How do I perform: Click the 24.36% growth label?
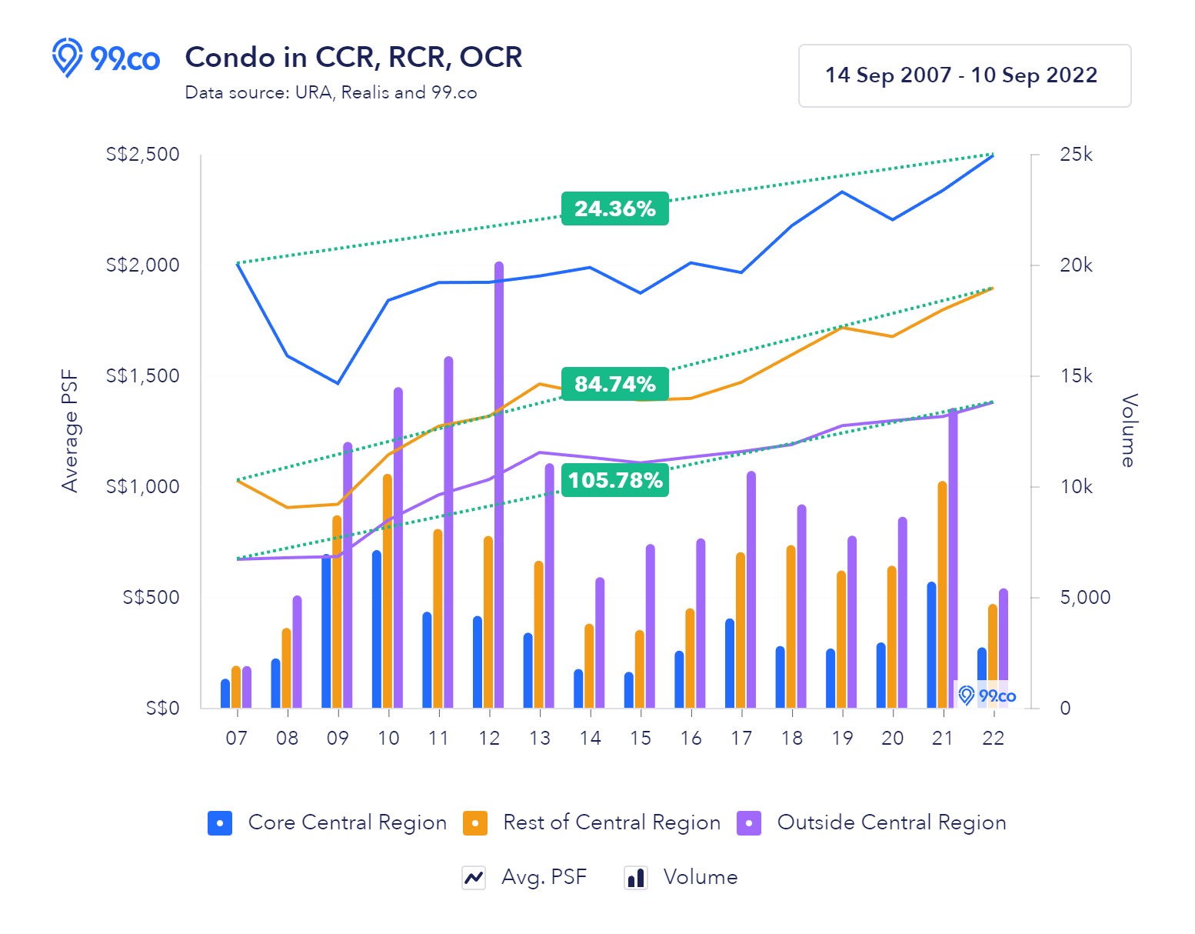pos(614,208)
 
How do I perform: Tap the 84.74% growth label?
pos(614,384)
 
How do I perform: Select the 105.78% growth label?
pos(614,480)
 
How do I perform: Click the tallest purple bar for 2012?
pos(499,485)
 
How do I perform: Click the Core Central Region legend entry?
pos(328,822)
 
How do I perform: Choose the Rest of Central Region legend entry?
pos(592,822)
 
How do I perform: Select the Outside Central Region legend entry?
pos(871,822)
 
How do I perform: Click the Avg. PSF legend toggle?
pos(524,877)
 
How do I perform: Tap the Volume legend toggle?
pos(681,877)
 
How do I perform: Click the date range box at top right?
pos(964,75)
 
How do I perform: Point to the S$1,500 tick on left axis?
pos(142,375)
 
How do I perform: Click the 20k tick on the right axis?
pos(1076,265)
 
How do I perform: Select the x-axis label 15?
pos(640,738)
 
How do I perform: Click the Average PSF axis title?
pos(70,431)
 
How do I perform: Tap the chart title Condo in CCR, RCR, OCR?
pos(354,58)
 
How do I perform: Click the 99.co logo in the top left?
pos(105,58)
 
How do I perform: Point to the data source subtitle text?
pos(331,93)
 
